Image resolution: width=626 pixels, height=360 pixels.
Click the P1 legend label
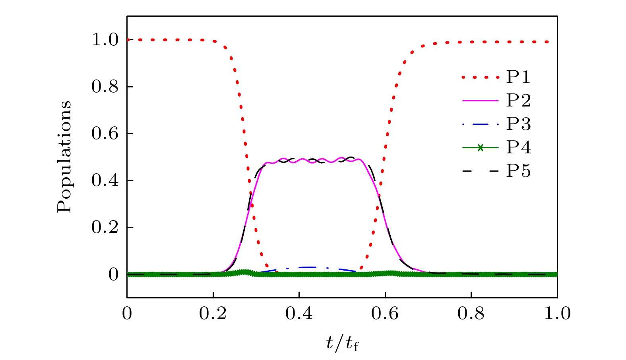pos(518,77)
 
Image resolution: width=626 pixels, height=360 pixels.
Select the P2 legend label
pos(518,101)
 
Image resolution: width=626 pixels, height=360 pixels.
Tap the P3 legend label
pos(518,124)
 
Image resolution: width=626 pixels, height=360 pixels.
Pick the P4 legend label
pos(518,147)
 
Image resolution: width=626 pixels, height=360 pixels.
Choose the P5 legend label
pos(518,171)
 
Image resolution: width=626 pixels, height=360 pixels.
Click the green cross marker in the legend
pos(480,148)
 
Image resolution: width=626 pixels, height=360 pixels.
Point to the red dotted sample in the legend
pos(480,77)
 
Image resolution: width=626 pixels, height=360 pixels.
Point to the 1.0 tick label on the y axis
pos(105,40)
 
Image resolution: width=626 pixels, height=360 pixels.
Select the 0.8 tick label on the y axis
pos(105,87)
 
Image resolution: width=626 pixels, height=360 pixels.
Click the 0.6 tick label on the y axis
pos(105,134)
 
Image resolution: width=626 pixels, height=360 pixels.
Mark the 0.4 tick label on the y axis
pos(105,181)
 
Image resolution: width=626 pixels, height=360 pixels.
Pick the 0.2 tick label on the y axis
pos(105,228)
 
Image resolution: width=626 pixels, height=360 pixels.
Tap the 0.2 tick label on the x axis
pos(213,314)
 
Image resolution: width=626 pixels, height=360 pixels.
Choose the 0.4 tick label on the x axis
pos(299,314)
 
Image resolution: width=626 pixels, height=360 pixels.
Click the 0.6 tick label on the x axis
pos(385,314)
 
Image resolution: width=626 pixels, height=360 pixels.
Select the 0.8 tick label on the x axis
pos(471,314)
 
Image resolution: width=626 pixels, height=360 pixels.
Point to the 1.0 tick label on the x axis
pos(557,314)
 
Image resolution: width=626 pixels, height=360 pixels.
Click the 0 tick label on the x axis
pos(127,314)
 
